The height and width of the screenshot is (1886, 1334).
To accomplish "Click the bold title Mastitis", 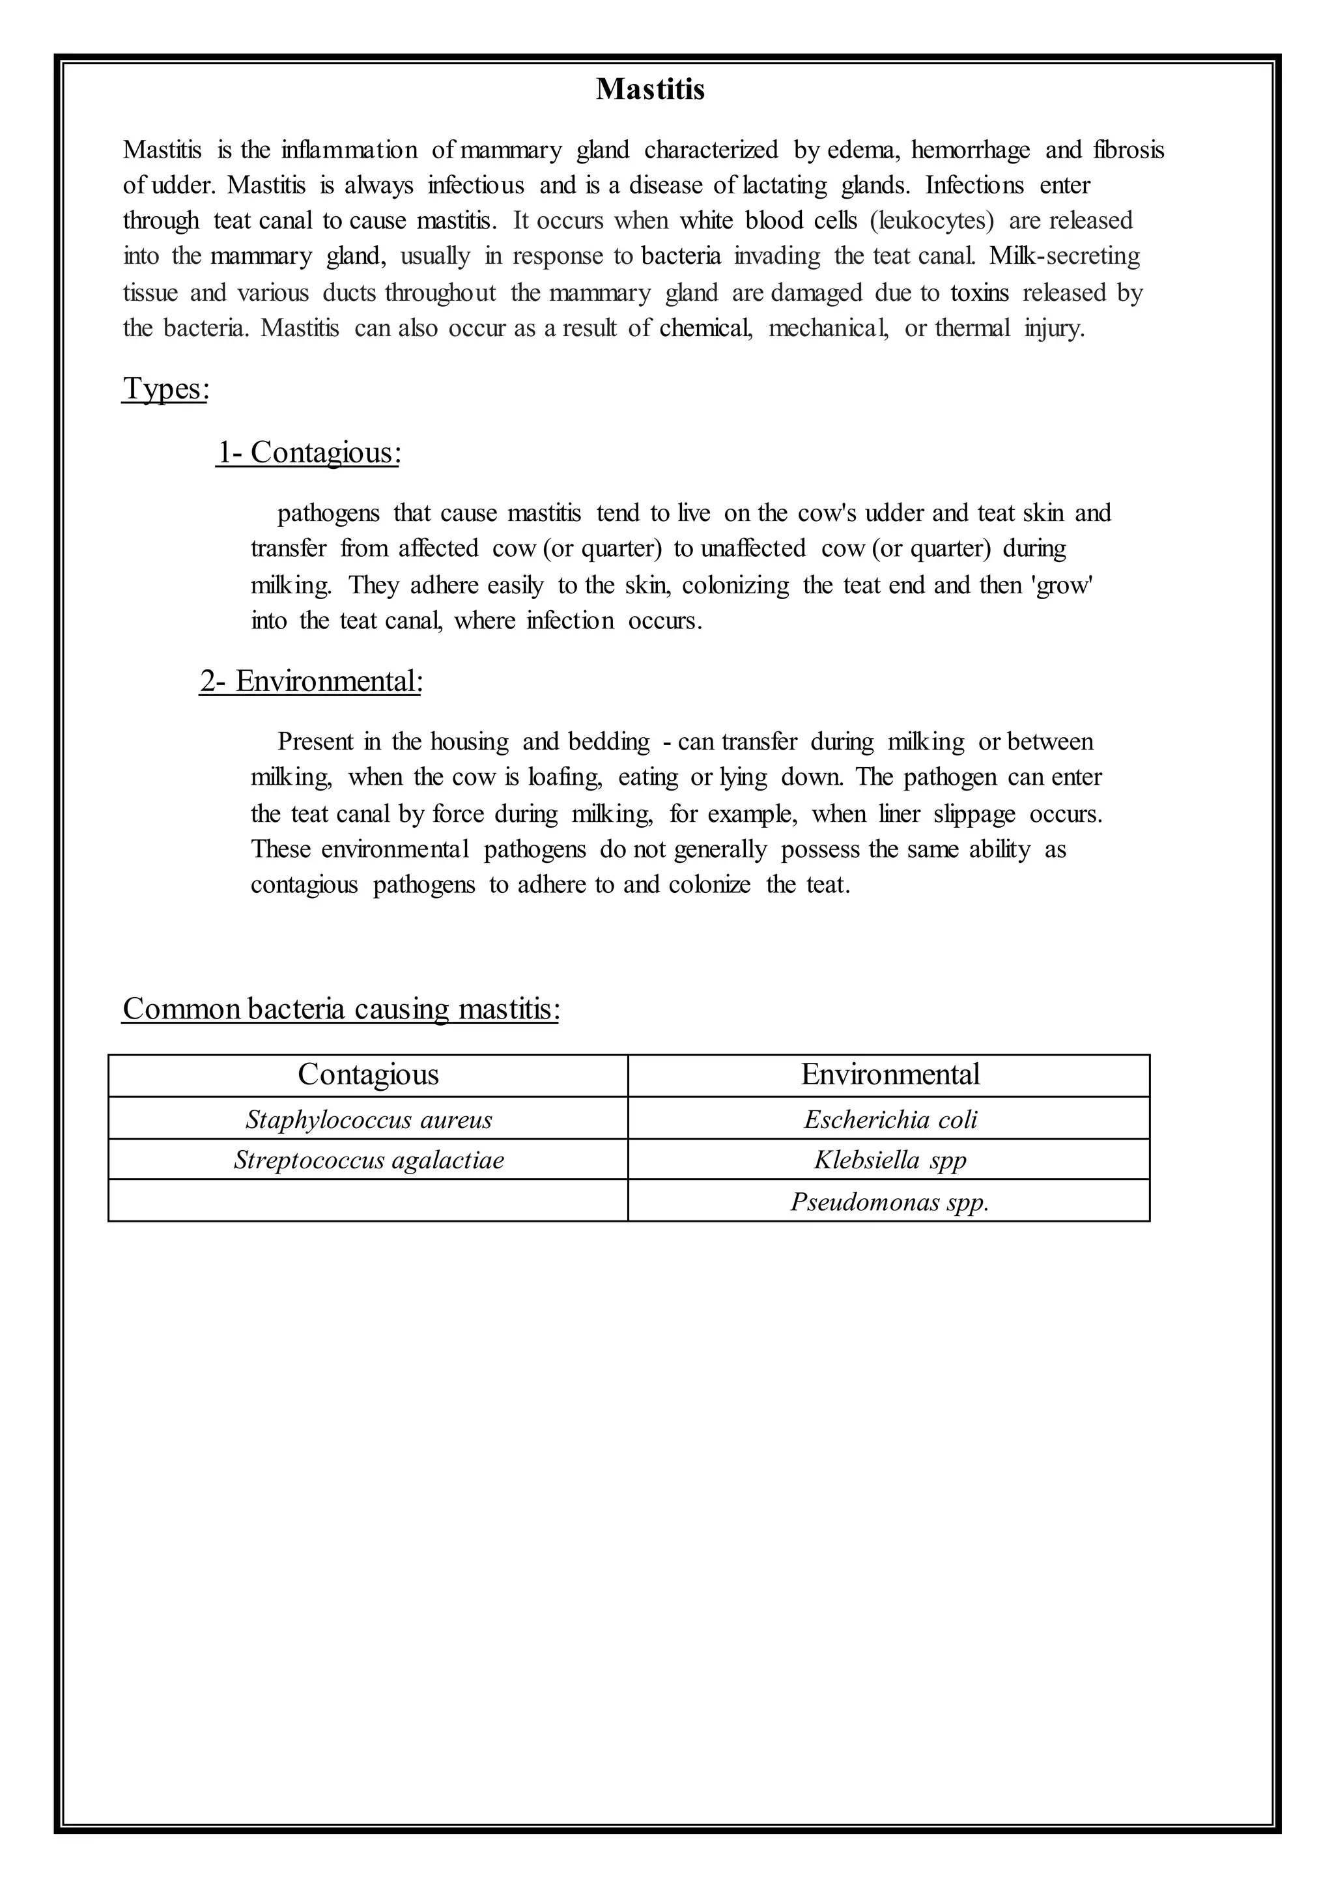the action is pos(650,89).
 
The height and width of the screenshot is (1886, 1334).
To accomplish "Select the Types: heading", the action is pos(165,389).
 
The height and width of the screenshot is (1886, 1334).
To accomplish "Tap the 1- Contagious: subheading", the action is pos(309,453).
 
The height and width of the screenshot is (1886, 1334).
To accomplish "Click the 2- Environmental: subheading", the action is pos(311,681).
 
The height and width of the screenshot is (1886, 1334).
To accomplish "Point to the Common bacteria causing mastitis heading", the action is pos(341,1008).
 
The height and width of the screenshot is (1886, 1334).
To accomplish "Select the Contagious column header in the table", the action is pos(368,1075).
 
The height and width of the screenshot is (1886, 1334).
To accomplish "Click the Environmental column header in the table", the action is pos(890,1075).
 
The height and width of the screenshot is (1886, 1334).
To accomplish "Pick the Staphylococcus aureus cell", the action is pos(368,1119).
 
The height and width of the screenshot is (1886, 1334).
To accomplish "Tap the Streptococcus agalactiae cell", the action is pos(368,1160).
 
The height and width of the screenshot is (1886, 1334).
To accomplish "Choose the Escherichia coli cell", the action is pos(890,1119).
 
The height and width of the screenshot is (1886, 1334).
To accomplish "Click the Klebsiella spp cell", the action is pos(890,1160).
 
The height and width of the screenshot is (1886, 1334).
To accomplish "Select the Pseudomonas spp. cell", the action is pos(890,1202).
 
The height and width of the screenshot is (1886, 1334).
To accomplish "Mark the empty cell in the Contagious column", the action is pos(368,1201).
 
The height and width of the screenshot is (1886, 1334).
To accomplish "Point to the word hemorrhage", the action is pos(970,150).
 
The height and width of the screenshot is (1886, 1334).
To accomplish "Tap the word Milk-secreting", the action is pos(1064,257).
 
